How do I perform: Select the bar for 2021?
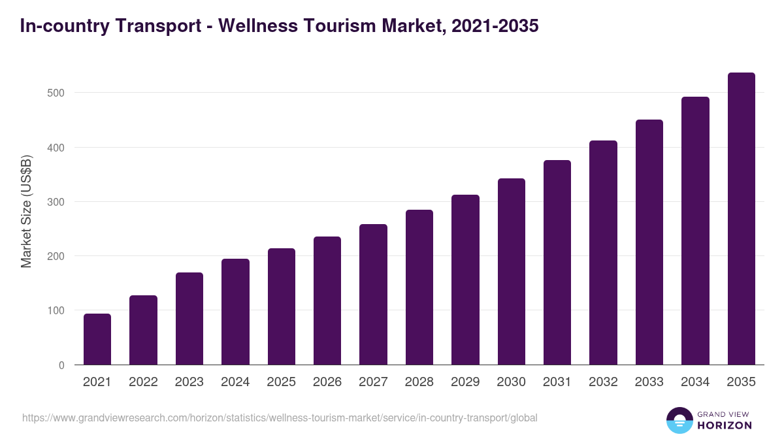97,339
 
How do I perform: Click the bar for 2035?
741,219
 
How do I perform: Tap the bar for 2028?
419,287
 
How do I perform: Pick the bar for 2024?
235,312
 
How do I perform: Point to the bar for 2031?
557,263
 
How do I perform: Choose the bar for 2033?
649,242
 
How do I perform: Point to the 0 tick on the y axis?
61,365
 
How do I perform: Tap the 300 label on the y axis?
56,202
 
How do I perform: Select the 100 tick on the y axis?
56,310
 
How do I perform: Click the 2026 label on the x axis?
327,382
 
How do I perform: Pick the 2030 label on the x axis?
511,382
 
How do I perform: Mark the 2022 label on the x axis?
143,382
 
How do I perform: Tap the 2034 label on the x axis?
695,382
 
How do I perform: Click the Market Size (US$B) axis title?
26,211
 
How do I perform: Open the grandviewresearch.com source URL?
280,417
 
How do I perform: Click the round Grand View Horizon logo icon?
679,420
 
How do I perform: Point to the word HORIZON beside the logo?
724,425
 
